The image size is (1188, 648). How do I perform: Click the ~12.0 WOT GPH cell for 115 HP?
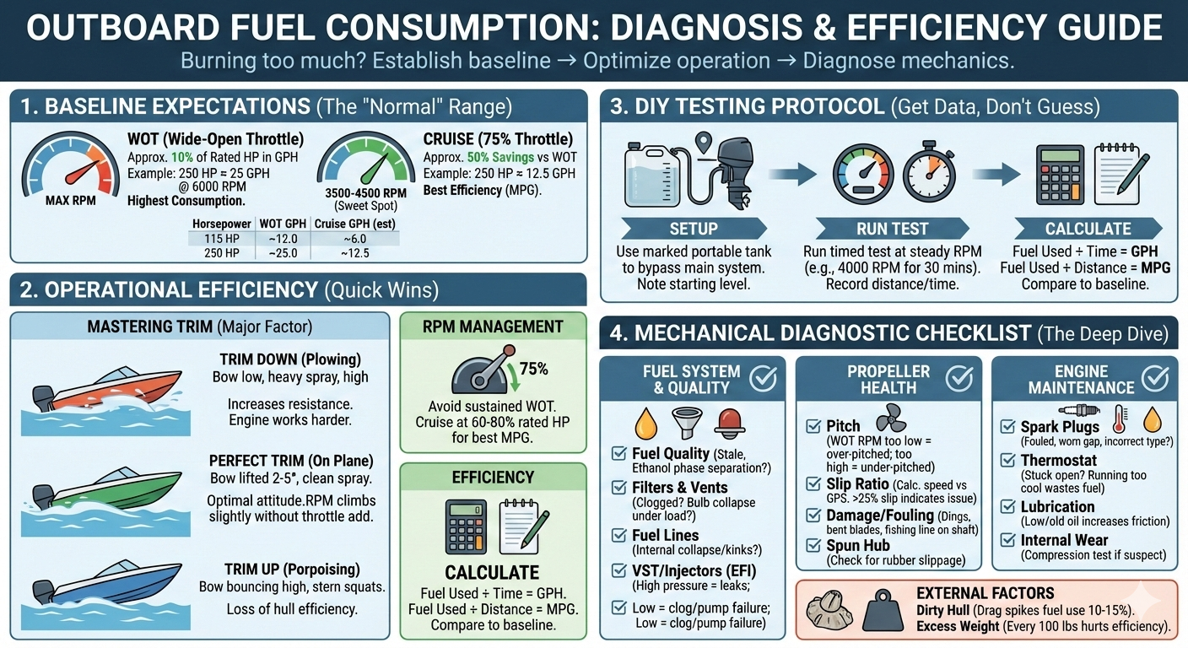tap(283, 239)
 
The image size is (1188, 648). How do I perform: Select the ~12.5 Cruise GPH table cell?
tap(355, 253)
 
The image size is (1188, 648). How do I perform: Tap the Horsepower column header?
tap(222, 224)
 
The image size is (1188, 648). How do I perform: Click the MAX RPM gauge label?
tap(71, 201)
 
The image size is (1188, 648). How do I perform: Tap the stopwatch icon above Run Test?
tap(929, 172)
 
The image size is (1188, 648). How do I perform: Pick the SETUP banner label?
tap(694, 229)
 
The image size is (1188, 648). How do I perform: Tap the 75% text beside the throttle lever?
tap(533, 369)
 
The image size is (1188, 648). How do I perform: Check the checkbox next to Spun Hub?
tap(813, 545)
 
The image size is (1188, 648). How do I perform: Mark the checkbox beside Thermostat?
tap(1007, 460)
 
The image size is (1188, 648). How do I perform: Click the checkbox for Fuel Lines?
tap(619, 535)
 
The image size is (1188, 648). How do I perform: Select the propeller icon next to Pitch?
tap(892, 418)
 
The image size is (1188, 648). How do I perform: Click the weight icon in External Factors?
tap(883, 610)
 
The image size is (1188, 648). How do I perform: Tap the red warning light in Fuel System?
tap(730, 424)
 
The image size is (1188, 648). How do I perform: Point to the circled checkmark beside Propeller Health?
tap(959, 378)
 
